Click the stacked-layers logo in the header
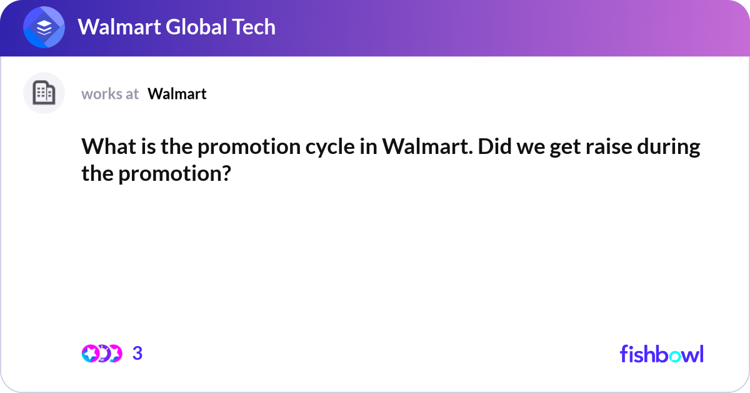(44, 28)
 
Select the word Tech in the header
(254, 27)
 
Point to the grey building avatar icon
(44, 93)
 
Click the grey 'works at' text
(110, 94)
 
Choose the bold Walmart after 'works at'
(177, 94)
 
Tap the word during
(672, 148)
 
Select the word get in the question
(559, 148)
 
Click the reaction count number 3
(137, 354)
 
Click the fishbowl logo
(661, 354)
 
